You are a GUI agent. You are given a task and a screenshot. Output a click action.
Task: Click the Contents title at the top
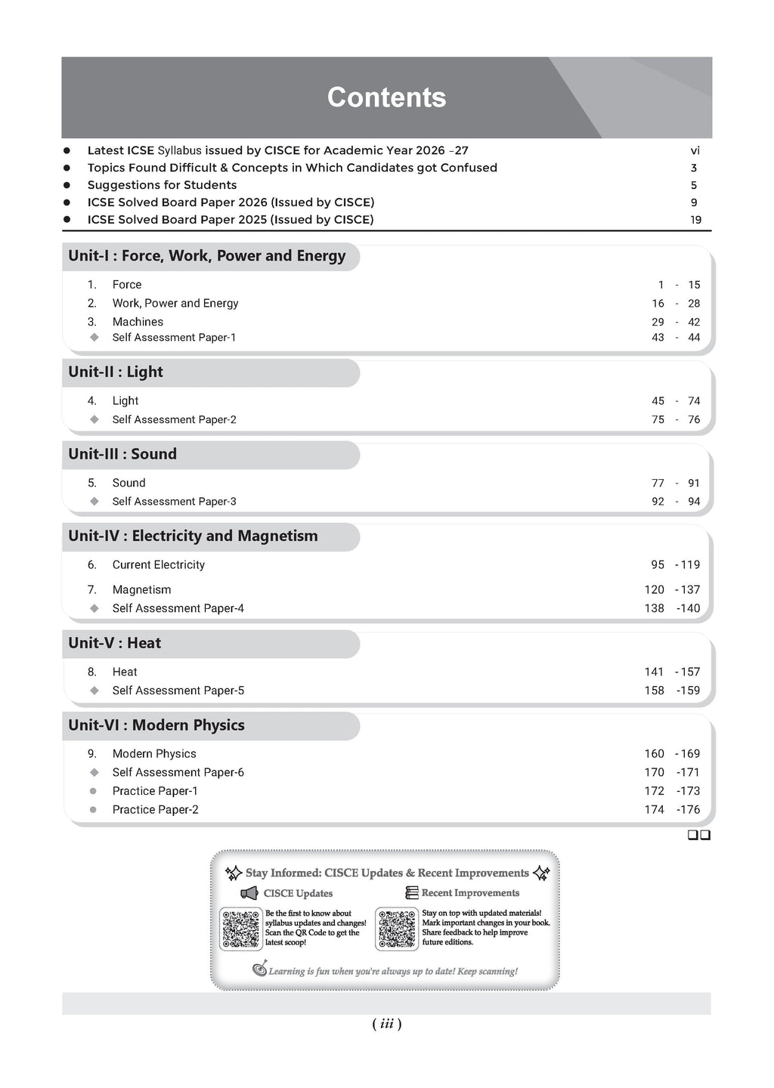pyautogui.click(x=386, y=97)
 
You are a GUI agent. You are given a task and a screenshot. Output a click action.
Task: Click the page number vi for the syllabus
pyautogui.click(x=695, y=150)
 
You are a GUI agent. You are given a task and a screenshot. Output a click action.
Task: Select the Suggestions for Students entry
pyautogui.click(x=162, y=185)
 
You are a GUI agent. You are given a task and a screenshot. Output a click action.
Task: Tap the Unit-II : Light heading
pyautogui.click(x=116, y=372)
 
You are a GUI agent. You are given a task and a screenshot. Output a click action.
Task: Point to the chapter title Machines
pyautogui.click(x=138, y=322)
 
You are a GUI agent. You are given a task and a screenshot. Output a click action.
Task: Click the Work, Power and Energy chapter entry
pyautogui.click(x=175, y=303)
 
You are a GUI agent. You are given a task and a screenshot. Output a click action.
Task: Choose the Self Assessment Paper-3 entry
pyautogui.click(x=174, y=502)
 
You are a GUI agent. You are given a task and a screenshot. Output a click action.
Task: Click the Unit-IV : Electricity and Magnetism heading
pyautogui.click(x=193, y=536)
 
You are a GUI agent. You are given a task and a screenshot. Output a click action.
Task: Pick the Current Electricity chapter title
pyautogui.click(x=158, y=564)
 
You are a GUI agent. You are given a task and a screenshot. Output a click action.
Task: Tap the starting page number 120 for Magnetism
pyautogui.click(x=654, y=589)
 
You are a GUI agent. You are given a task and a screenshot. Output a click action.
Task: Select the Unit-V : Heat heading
pyautogui.click(x=115, y=643)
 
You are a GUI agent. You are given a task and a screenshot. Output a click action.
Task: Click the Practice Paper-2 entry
pyautogui.click(x=155, y=809)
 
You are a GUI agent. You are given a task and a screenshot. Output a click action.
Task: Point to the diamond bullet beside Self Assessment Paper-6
pyautogui.click(x=94, y=772)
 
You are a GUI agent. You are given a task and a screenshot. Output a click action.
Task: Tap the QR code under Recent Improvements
pyautogui.click(x=398, y=929)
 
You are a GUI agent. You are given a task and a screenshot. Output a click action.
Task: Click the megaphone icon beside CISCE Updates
pyautogui.click(x=249, y=894)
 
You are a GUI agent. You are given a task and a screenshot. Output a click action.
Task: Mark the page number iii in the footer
pyautogui.click(x=386, y=1024)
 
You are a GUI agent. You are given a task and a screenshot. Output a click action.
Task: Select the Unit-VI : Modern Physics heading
pyautogui.click(x=156, y=725)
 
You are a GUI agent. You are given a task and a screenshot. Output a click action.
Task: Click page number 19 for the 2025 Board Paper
pyautogui.click(x=695, y=220)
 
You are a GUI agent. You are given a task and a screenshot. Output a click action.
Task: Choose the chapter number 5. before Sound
pyautogui.click(x=92, y=483)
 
